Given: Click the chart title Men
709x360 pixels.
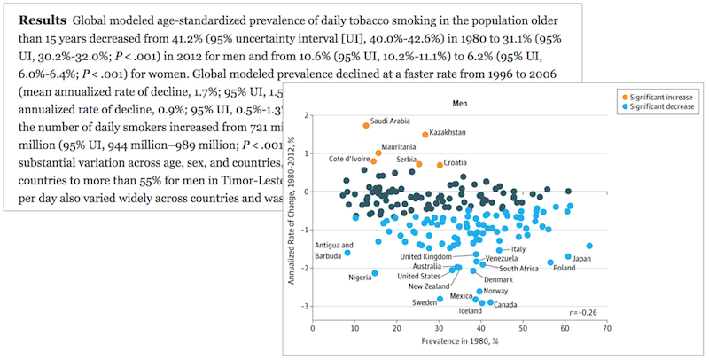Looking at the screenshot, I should (x=459, y=103).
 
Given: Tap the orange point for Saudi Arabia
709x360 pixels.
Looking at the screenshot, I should (x=366, y=126).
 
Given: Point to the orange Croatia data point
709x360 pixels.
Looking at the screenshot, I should (x=440, y=165).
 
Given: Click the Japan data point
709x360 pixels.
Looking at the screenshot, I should (x=569, y=257).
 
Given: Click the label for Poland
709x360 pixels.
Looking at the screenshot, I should (x=564, y=268).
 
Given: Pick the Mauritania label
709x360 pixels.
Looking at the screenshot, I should (x=399, y=146).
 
